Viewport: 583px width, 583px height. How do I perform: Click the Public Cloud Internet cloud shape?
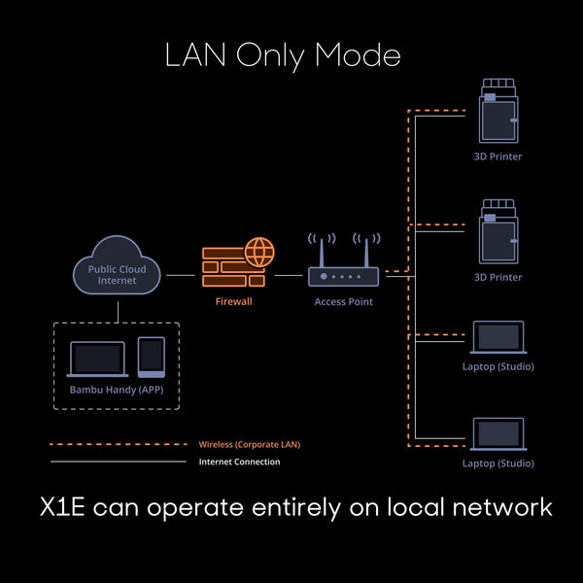click(118, 273)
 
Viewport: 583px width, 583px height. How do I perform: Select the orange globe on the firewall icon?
click(259, 253)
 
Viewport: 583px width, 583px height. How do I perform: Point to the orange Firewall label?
click(233, 302)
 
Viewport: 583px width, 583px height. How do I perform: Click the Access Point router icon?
click(343, 274)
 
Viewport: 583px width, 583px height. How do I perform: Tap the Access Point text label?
click(343, 302)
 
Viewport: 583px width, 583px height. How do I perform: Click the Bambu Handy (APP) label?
click(117, 390)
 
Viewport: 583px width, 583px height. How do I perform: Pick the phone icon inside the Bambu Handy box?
click(151, 357)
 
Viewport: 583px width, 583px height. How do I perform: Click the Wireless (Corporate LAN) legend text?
click(250, 444)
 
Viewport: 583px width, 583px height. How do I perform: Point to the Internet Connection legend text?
click(239, 462)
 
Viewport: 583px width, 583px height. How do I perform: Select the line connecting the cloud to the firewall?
click(181, 275)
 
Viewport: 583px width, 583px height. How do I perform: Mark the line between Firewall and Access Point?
click(289, 275)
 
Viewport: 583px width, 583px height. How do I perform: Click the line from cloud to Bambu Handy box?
click(118, 310)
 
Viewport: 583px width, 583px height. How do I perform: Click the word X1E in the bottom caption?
click(65, 507)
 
